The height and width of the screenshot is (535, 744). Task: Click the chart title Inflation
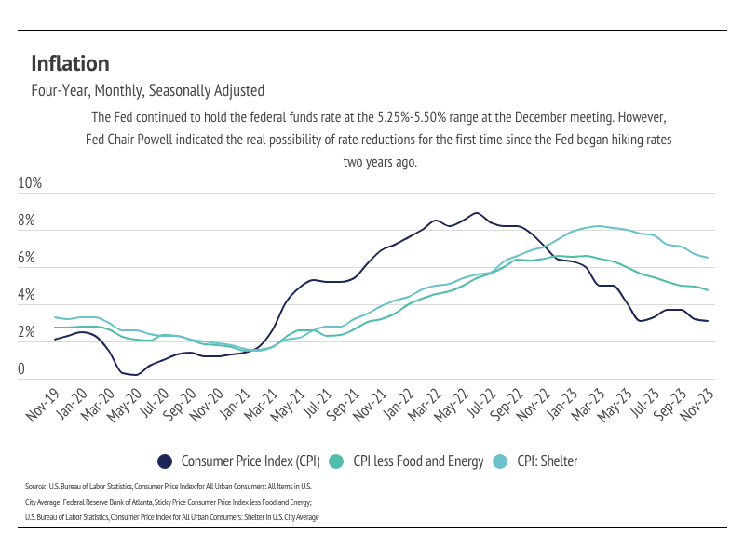coord(70,63)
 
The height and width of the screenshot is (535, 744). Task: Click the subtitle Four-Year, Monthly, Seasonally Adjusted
coord(147,91)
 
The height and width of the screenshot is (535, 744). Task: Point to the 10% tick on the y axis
coord(31,183)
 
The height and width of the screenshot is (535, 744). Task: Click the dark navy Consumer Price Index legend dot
coord(166,461)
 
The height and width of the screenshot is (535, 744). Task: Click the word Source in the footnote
coord(35,486)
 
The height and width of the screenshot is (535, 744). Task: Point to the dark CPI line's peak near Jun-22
coord(476,213)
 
